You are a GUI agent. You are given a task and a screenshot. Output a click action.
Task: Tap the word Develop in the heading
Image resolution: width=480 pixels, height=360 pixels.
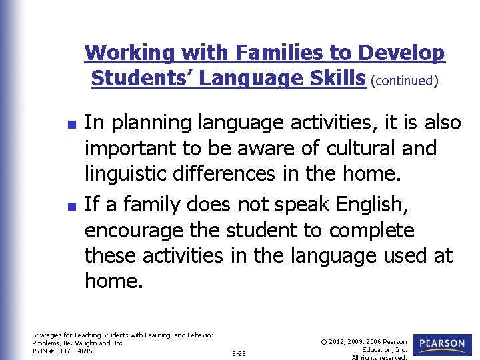point(402,53)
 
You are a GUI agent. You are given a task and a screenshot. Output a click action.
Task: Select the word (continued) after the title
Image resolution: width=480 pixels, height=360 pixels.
point(405,81)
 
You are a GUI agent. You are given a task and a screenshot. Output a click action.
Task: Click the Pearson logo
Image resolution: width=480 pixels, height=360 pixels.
point(442,344)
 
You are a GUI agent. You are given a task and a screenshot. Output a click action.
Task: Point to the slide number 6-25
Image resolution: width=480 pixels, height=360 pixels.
point(239,353)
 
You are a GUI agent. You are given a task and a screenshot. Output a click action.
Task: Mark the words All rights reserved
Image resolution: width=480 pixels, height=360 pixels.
point(379,357)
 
